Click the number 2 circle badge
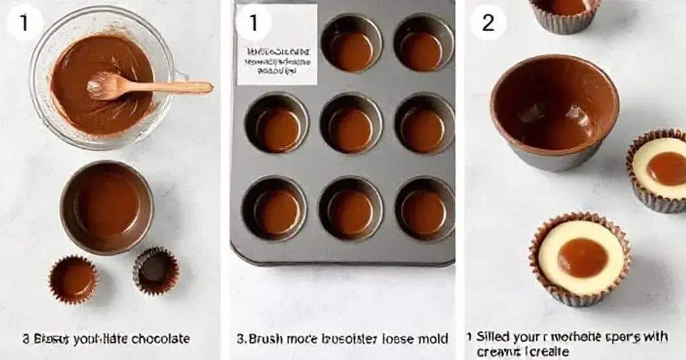[488, 23]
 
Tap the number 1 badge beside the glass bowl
[25, 23]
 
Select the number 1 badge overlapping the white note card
[252, 23]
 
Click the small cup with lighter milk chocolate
[74, 279]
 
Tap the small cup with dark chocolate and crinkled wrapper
[155, 269]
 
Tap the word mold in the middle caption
[433, 339]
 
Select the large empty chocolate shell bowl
[554, 110]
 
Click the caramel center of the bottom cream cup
[582, 257]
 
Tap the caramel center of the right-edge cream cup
[667, 168]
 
